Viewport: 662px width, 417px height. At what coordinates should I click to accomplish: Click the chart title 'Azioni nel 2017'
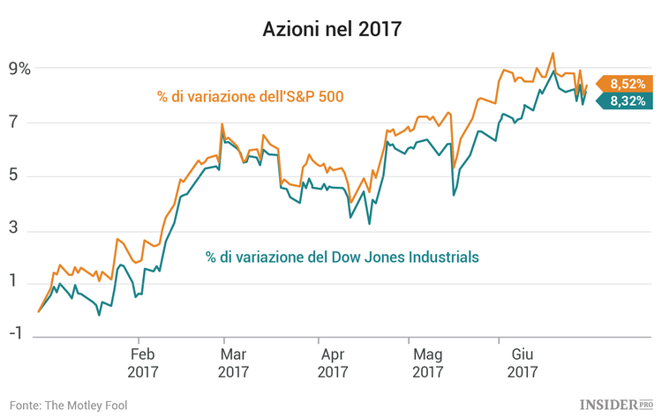click(331, 29)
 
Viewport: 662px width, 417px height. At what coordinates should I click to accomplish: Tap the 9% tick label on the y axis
click(19, 69)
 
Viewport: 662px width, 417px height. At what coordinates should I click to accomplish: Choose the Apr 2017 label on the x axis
click(333, 362)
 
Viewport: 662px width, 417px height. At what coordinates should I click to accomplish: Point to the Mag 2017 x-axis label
click(427, 362)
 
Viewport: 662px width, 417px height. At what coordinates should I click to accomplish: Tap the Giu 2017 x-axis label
click(523, 362)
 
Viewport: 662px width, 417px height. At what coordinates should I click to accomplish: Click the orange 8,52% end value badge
click(626, 84)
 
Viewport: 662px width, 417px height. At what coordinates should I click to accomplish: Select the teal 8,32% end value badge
click(626, 101)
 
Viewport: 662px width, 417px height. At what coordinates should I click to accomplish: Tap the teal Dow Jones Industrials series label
click(342, 257)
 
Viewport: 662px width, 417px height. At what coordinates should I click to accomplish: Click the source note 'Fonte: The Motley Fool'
click(69, 404)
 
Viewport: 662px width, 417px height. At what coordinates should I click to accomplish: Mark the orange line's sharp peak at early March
click(222, 123)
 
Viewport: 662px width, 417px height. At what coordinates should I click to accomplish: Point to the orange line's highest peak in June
click(553, 53)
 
